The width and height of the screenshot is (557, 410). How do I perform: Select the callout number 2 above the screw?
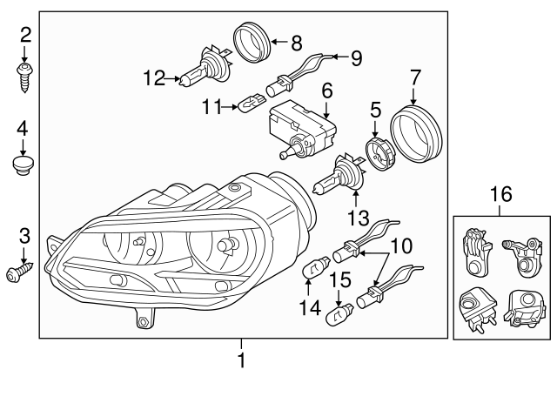point(25,35)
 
